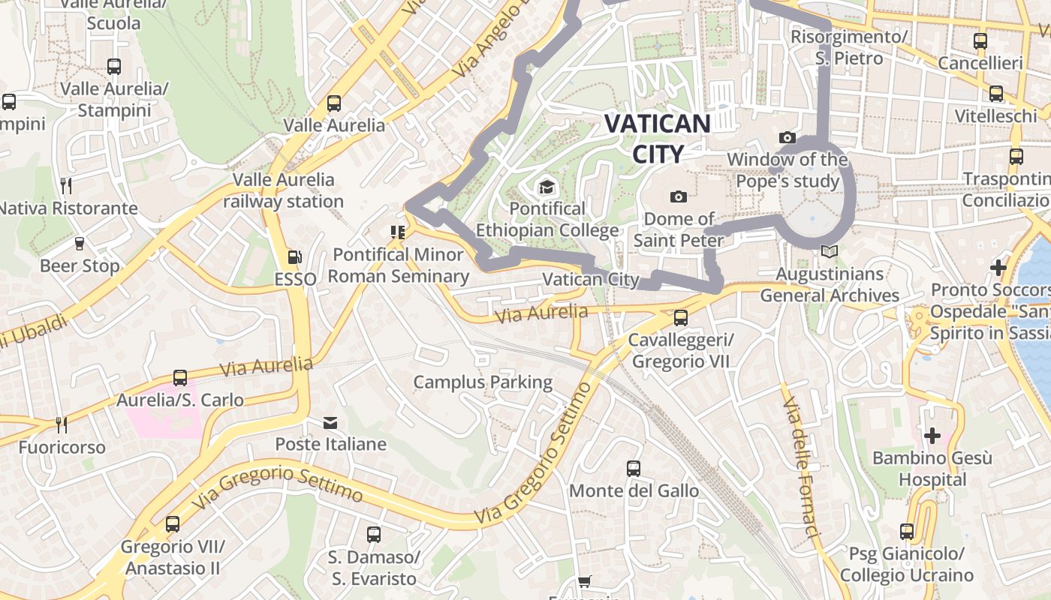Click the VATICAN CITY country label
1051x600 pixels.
(657, 138)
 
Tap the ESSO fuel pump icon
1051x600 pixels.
(295, 257)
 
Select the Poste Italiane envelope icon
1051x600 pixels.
(330, 423)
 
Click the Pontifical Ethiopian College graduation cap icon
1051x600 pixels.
(547, 187)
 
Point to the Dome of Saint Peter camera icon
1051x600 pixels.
(679, 196)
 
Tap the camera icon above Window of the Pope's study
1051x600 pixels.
(787, 137)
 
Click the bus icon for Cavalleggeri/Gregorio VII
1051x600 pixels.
(681, 317)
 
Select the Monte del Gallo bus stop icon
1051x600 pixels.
(634, 469)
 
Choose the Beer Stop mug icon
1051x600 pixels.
(80, 244)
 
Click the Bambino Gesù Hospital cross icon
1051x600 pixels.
(932, 435)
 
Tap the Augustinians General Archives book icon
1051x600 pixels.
(829, 252)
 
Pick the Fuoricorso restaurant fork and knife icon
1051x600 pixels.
(62, 425)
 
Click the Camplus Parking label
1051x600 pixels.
(483, 382)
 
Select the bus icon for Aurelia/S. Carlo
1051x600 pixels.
(180, 378)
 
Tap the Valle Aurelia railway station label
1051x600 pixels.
(283, 190)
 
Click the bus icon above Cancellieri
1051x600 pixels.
(980, 41)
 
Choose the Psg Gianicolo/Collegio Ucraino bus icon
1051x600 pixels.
(907, 532)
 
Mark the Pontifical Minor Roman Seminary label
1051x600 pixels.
(399, 265)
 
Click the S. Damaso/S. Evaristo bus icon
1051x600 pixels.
(374, 535)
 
